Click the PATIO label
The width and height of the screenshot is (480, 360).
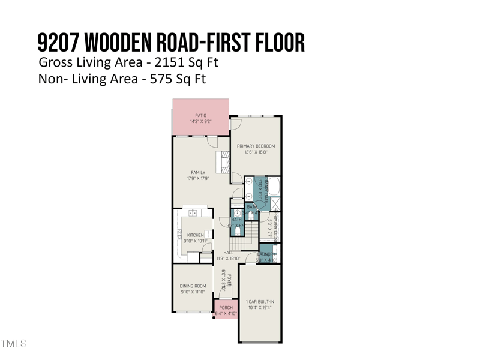200,115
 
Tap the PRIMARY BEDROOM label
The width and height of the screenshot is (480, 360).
256,146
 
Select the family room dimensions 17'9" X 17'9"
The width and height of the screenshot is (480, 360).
198,179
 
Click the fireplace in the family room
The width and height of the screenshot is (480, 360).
223,163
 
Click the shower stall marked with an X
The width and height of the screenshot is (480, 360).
275,204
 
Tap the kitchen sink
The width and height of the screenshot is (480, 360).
193,213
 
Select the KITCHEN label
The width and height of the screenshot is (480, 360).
196,235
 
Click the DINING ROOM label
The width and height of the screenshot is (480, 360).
193,286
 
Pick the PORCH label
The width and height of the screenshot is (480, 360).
226,308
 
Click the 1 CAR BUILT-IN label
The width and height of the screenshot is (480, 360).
260,301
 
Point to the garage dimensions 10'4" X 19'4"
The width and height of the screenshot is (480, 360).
260,307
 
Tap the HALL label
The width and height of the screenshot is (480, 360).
228,253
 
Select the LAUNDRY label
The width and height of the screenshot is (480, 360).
267,254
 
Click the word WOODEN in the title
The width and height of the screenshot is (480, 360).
121,43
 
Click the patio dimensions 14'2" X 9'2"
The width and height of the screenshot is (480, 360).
200,122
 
